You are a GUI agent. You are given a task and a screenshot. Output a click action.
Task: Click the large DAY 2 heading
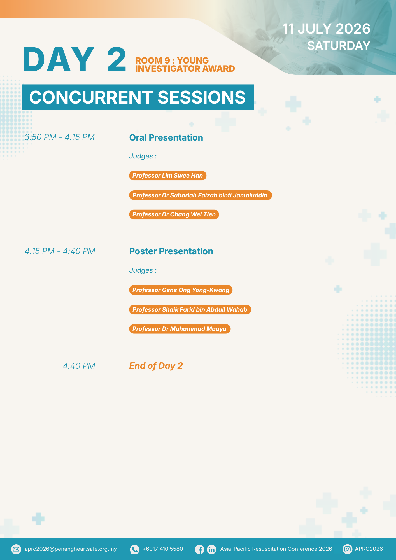click(74, 59)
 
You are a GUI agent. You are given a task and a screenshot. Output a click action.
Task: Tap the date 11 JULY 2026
click(326, 29)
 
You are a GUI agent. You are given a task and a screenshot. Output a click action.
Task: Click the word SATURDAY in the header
click(339, 46)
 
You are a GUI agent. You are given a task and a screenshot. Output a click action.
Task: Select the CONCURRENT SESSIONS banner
click(138, 97)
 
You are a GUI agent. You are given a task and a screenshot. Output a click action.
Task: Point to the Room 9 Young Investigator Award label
click(185, 64)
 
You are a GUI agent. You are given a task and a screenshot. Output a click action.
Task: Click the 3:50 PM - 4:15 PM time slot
click(60, 137)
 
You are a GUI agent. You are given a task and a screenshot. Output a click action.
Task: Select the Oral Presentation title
click(166, 137)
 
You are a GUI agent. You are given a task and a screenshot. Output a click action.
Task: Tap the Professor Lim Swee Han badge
click(168, 176)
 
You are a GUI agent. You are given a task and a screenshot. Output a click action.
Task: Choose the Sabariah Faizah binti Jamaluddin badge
click(201, 195)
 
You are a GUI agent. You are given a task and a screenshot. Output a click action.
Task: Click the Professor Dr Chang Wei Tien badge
click(174, 214)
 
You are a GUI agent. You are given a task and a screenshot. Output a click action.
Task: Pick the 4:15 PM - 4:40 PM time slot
click(60, 251)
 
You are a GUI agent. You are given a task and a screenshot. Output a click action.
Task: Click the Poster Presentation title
click(171, 251)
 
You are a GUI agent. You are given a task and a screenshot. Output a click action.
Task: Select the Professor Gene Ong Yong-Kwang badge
click(181, 290)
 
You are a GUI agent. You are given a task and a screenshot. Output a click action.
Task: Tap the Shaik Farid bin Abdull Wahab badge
click(190, 309)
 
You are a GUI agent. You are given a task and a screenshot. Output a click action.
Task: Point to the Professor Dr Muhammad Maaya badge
click(180, 329)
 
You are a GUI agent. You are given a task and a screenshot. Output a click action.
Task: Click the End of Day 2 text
click(156, 366)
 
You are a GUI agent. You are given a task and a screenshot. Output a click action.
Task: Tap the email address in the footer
click(71, 549)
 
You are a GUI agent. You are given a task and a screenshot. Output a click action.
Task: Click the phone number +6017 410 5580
click(163, 549)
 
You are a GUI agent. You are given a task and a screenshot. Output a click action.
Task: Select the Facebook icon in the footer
click(200, 549)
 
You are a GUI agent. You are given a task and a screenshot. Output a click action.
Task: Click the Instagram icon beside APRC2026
click(347, 549)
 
